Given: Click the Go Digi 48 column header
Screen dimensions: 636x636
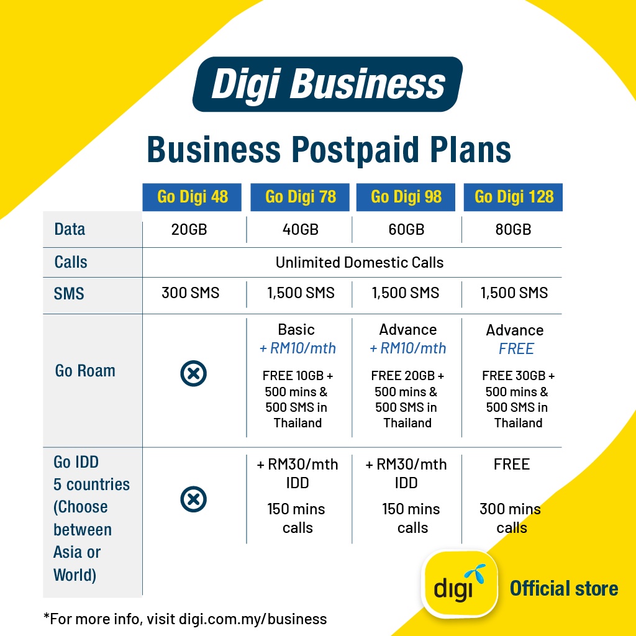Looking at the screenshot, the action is coord(192,197).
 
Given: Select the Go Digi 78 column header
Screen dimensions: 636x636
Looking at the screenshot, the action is coord(300,197).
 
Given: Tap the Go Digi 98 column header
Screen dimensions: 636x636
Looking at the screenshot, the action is coord(406,197).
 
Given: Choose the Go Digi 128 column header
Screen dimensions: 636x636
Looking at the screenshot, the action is coord(513,197).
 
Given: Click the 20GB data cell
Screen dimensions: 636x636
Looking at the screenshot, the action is coord(189,230).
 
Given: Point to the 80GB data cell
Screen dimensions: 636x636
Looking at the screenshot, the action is coord(513,230).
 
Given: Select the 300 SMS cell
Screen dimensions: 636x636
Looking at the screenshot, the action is coord(190,293).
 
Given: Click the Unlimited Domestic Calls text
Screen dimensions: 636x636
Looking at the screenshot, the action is coord(360,263).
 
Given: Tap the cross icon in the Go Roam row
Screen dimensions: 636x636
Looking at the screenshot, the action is coord(194,373).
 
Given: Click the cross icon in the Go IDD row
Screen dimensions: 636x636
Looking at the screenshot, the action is coord(194,499).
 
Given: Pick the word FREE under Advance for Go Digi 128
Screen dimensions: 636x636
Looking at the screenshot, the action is coord(516,349).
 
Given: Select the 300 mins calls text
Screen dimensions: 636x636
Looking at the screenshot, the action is coord(511,519).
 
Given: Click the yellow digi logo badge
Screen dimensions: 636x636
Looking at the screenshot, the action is coord(460,584).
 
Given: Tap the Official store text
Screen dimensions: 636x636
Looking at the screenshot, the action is coord(564,589).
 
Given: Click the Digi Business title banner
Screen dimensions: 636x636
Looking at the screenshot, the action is coord(328,84).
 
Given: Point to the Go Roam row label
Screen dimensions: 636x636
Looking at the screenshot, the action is coord(85,371).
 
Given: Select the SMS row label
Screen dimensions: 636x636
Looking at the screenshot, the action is coord(69,293).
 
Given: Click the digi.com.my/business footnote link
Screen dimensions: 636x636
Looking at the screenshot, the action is coord(253,619).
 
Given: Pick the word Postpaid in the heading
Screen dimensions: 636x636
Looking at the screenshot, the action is coord(355,150).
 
